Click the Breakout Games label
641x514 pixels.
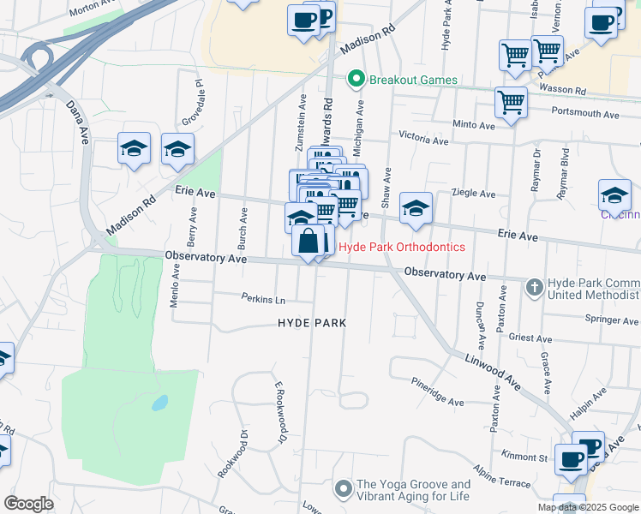point(414,81)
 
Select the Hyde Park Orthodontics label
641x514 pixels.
point(402,247)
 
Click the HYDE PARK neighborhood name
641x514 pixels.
point(312,323)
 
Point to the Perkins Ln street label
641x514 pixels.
point(262,300)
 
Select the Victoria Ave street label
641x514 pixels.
point(423,138)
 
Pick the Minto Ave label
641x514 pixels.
point(474,125)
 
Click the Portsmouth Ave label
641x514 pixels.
point(585,113)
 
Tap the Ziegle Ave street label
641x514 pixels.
point(474,194)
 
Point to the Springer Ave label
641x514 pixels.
point(612,320)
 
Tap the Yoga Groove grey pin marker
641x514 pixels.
point(344,488)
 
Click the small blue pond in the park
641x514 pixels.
point(159,403)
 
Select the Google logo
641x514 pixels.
point(28,503)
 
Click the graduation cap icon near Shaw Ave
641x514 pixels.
point(416,208)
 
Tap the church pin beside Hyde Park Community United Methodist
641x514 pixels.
point(534,287)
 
